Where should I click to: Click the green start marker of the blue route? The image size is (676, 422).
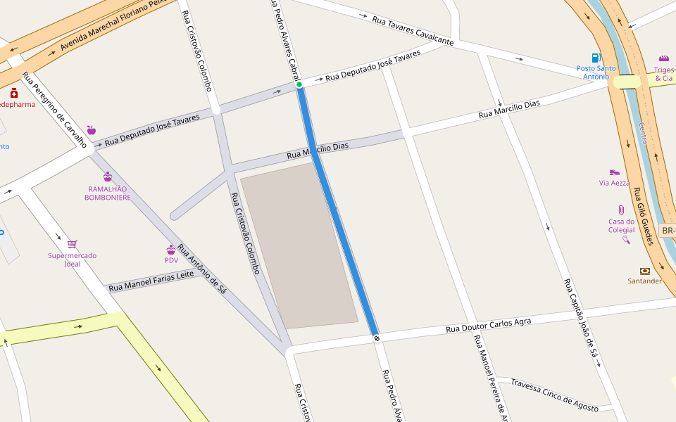[x=299, y=84]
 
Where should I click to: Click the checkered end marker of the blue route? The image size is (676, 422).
[x=377, y=338]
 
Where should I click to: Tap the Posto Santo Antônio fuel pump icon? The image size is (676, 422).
[x=596, y=58]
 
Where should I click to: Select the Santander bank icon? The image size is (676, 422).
[x=644, y=271]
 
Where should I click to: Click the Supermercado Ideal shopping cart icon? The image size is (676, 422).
[x=72, y=244]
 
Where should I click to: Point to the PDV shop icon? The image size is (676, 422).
[x=171, y=250]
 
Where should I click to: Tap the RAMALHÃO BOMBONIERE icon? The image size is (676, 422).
[x=108, y=177]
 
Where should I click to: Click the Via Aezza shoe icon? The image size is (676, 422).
[x=614, y=172]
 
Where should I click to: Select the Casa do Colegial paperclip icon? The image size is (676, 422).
[x=621, y=210]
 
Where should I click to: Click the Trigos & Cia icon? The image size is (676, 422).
[x=663, y=58]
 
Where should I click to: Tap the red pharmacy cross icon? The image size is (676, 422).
[x=13, y=93]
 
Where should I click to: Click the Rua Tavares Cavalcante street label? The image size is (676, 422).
[x=413, y=30]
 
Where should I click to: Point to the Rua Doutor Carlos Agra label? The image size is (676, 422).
[x=489, y=324]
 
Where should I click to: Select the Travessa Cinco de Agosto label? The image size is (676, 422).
[x=554, y=395]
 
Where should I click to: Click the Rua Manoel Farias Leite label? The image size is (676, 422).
[x=151, y=281]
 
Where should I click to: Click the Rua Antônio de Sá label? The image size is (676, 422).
[x=201, y=268]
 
